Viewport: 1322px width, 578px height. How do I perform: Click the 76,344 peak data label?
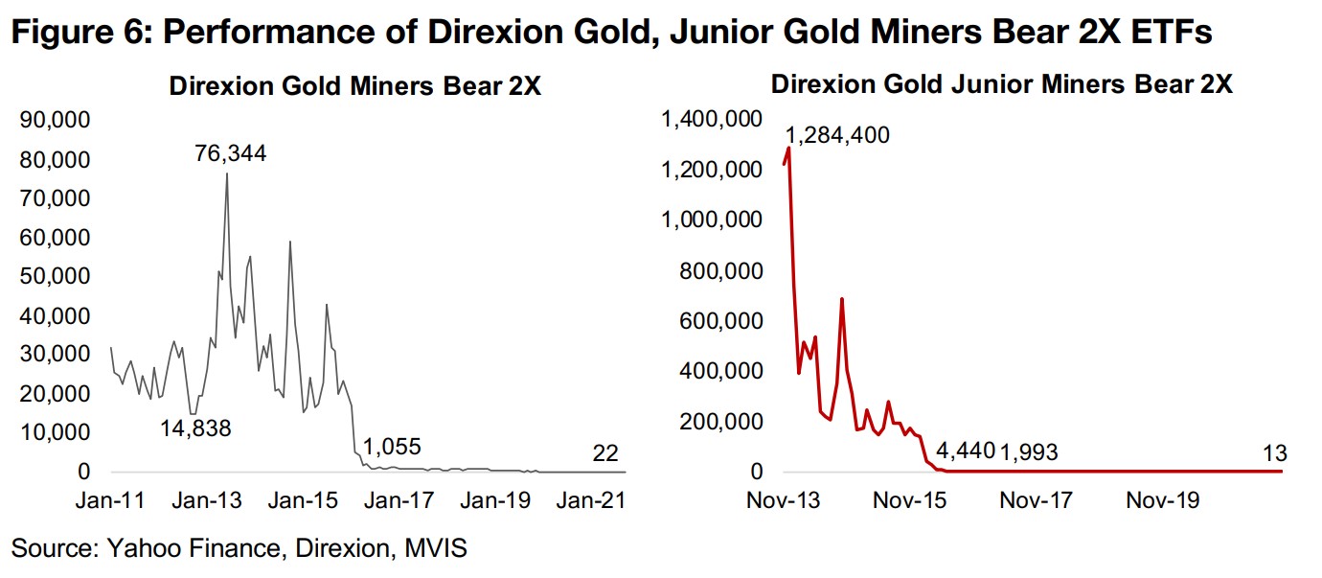[x=227, y=153]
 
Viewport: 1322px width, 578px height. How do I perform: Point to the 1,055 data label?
[x=390, y=447]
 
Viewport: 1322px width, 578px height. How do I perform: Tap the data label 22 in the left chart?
[x=605, y=452]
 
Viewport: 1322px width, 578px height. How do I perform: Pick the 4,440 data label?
[x=967, y=451]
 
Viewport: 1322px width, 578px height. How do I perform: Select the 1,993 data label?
[x=1029, y=451]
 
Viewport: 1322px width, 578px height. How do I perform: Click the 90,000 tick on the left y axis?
[x=55, y=120]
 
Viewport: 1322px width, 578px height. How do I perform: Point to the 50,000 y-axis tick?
[x=55, y=276]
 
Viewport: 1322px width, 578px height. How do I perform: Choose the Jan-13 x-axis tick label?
[x=207, y=501]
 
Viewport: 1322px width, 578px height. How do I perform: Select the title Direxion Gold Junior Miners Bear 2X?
[x=1001, y=84]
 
